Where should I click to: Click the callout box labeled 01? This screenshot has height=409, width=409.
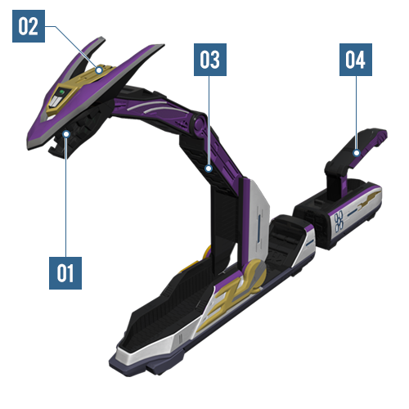(65, 273)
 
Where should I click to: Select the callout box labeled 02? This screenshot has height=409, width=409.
(29, 26)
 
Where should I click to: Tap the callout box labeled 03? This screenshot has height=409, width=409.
(210, 60)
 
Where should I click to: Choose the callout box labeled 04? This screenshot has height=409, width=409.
(356, 60)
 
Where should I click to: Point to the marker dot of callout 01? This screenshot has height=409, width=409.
(66, 134)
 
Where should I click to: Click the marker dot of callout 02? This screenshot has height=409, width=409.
(99, 70)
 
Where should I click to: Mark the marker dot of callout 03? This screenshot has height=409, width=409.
(209, 169)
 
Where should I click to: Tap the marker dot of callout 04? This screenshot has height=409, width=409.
(357, 153)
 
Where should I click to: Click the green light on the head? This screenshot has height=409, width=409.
(62, 92)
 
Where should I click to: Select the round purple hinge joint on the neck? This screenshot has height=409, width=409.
(199, 124)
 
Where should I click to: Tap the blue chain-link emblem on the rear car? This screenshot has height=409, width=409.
(339, 221)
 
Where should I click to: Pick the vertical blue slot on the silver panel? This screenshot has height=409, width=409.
(259, 227)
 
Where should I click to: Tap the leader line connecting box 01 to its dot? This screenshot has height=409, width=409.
(66, 197)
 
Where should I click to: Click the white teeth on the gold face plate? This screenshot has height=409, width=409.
(56, 101)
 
